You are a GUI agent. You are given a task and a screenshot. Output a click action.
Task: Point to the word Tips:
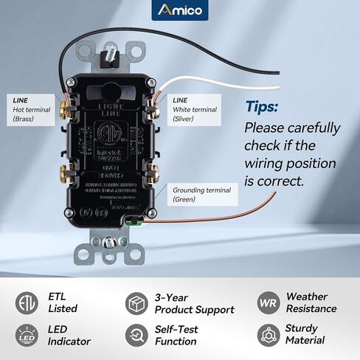point(261,106)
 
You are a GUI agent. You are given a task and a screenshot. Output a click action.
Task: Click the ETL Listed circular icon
point(27,303)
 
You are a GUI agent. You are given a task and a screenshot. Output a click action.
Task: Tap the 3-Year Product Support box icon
point(136,303)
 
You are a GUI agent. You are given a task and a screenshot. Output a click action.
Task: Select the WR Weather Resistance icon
point(267,303)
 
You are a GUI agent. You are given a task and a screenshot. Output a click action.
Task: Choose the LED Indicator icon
point(27,336)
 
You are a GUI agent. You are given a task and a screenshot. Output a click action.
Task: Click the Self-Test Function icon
point(136,336)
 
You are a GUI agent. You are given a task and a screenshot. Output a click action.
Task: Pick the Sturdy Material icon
point(267,336)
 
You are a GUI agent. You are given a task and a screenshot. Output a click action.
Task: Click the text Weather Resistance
point(311,303)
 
